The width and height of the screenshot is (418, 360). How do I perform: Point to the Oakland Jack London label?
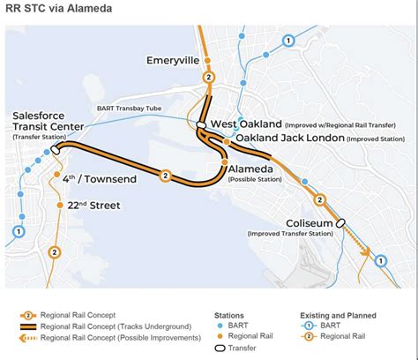[x=290, y=138]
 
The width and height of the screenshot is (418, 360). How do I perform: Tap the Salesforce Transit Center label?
[x=51, y=121]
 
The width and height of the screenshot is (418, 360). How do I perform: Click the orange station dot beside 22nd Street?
[x=59, y=206]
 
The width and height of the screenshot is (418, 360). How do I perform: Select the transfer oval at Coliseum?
[x=340, y=222]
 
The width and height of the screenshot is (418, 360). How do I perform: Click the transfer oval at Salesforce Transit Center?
[x=56, y=150]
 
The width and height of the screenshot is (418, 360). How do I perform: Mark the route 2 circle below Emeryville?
[x=208, y=78]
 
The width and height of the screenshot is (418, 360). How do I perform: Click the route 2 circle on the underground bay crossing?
[x=165, y=176]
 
